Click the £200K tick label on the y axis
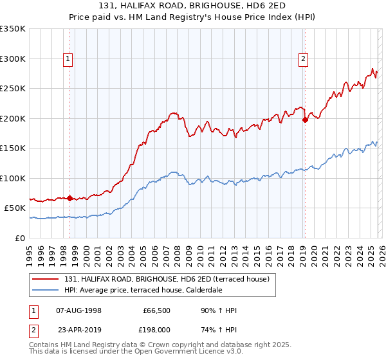point(12,118)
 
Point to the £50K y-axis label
point(14,208)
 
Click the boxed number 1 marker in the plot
point(68,59)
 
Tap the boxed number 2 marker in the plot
point(303,59)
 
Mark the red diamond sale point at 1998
point(70,198)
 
